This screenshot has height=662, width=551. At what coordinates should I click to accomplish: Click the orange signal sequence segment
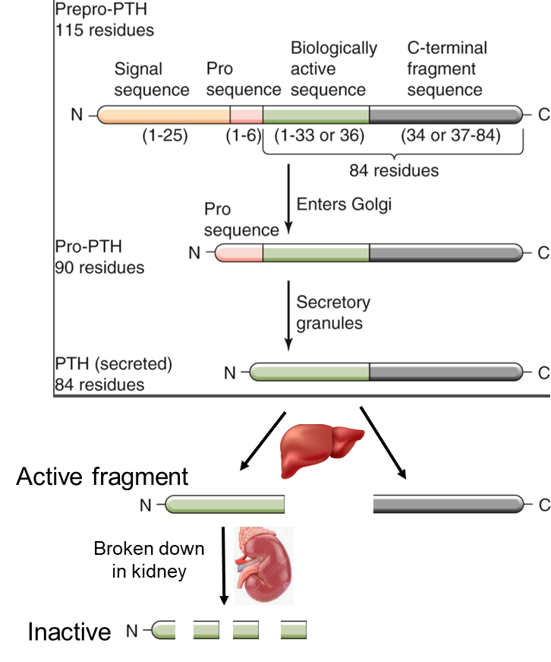[164, 115]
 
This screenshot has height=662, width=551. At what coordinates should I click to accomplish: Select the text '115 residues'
[104, 31]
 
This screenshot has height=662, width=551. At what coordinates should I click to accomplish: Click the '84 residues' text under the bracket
[394, 170]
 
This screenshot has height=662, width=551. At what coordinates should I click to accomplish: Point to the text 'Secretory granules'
[333, 312]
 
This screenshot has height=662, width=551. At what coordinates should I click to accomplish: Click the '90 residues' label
[99, 268]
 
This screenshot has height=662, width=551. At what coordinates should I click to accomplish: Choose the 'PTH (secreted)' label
[114, 364]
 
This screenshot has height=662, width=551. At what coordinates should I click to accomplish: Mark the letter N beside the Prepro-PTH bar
[77, 116]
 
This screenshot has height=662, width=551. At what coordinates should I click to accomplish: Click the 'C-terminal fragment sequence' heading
[447, 69]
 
